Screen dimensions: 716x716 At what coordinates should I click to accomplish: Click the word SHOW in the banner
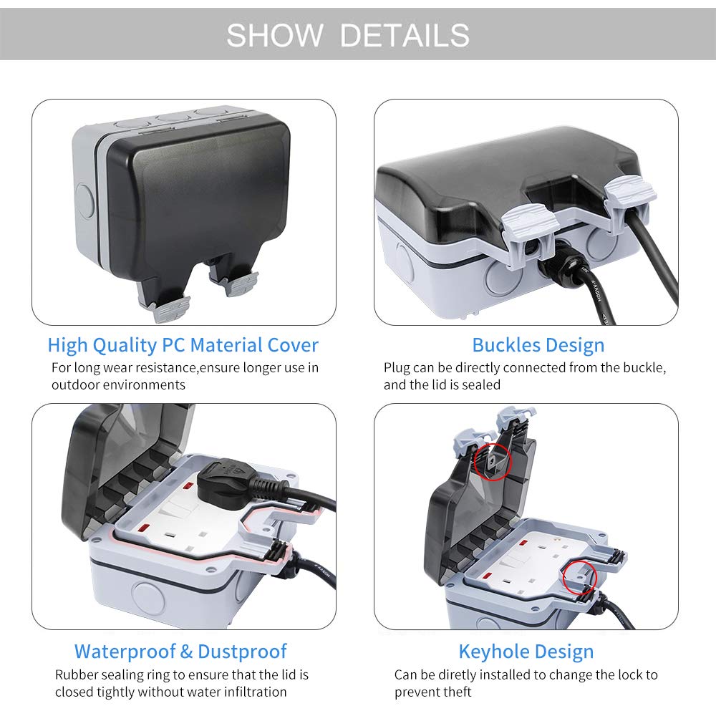pos(275,35)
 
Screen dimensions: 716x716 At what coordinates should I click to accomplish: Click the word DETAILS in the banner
pos(405,35)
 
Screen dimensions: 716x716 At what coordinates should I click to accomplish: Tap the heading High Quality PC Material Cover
pos(183,346)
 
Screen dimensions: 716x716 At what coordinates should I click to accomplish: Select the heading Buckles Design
pos(538,346)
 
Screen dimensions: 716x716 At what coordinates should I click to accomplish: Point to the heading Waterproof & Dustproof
pos(181,652)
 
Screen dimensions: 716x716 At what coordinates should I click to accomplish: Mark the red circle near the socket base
pos(579,577)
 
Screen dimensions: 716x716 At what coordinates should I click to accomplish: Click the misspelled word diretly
pos(462,675)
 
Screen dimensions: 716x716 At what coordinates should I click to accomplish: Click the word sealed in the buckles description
pos(481,385)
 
